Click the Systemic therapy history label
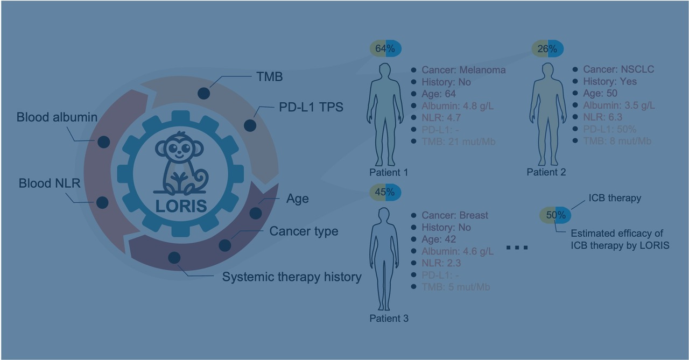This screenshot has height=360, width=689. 291,278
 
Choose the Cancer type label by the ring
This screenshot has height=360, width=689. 304,231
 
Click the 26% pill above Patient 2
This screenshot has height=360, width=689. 547,48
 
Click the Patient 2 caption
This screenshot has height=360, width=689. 546,172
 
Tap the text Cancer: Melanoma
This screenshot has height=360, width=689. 463,70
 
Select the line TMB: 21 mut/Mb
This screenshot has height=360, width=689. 458,142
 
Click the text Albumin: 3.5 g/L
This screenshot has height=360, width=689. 619,105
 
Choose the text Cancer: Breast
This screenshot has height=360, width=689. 455,215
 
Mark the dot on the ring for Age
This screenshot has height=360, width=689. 256,213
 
